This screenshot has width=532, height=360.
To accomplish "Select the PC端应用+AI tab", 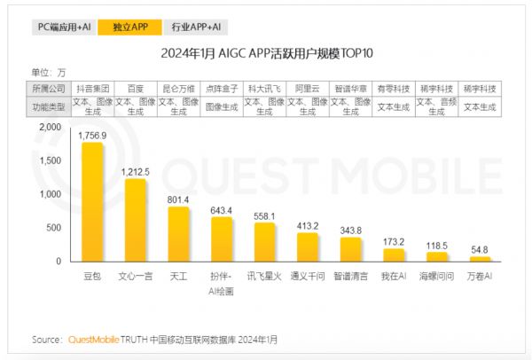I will tap(66, 27).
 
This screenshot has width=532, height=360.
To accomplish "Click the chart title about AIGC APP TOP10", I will tap(266, 53).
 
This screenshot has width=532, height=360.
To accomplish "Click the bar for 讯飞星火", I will tap(265, 241).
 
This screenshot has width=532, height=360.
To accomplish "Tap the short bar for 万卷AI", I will tap(480, 259).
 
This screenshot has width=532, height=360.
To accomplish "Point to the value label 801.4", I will tap(179, 200).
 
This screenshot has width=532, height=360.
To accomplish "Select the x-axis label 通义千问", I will tap(307, 277).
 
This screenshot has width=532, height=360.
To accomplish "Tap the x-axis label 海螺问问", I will tap(437, 277).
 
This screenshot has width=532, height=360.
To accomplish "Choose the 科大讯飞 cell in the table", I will tap(263, 90).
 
